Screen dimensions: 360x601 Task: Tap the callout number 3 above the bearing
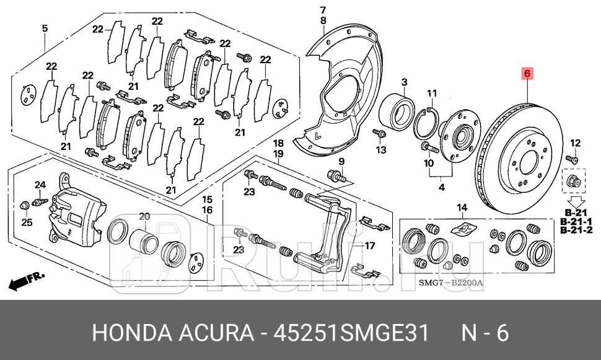403,82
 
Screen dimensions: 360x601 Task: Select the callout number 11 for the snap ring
432,93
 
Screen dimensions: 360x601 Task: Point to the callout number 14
461,207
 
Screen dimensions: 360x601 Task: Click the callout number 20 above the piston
144,216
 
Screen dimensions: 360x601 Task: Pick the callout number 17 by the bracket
369,245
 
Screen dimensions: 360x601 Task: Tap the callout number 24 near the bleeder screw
40,185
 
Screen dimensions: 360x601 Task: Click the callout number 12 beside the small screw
575,144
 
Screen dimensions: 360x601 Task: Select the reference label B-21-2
577,230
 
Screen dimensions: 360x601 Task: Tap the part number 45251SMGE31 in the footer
353,333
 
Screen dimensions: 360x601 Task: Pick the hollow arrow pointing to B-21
577,202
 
